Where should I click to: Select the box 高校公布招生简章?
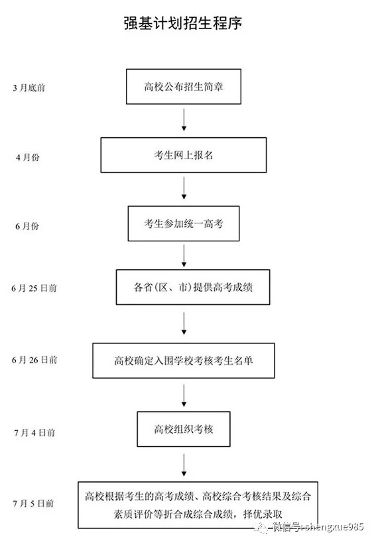coord(183,86)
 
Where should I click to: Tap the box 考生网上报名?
coord(183,155)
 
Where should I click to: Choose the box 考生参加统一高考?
coord(183,224)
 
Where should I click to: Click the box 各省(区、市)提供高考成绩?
coord(192,287)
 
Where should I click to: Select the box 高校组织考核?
coord(183,429)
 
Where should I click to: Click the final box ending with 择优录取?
coord(197,505)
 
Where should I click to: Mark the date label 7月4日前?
coord(34,432)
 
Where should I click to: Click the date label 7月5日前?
coord(34,504)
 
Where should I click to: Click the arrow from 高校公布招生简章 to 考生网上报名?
coord(184,119)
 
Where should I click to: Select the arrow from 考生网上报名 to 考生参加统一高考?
coord(184,189)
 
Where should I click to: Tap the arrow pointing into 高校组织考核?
coord(184,396)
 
